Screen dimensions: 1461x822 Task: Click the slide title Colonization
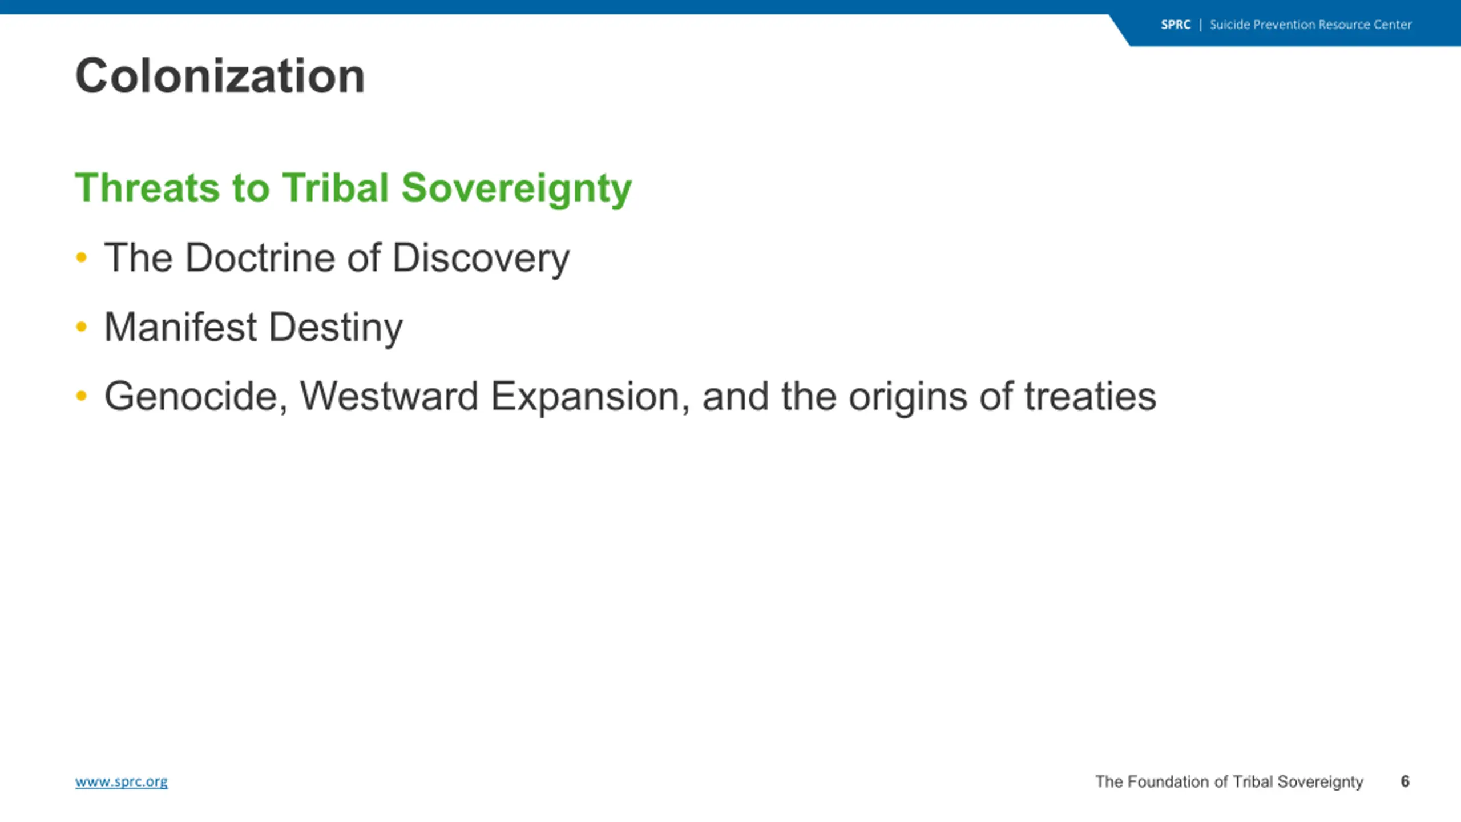[220, 76]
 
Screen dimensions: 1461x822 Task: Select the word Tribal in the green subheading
[336, 187]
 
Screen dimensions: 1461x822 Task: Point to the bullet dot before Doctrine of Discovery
[82, 257]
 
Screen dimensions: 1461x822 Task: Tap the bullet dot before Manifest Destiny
[82, 327]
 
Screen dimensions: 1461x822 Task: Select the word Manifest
[181, 327]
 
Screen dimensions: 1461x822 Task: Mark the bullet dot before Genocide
[82, 396]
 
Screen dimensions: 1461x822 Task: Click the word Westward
[389, 396]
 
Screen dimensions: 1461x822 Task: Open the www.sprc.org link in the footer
[122, 781]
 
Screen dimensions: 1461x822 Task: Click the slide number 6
[1405, 781]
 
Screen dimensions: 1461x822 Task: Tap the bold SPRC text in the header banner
[1176, 25]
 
